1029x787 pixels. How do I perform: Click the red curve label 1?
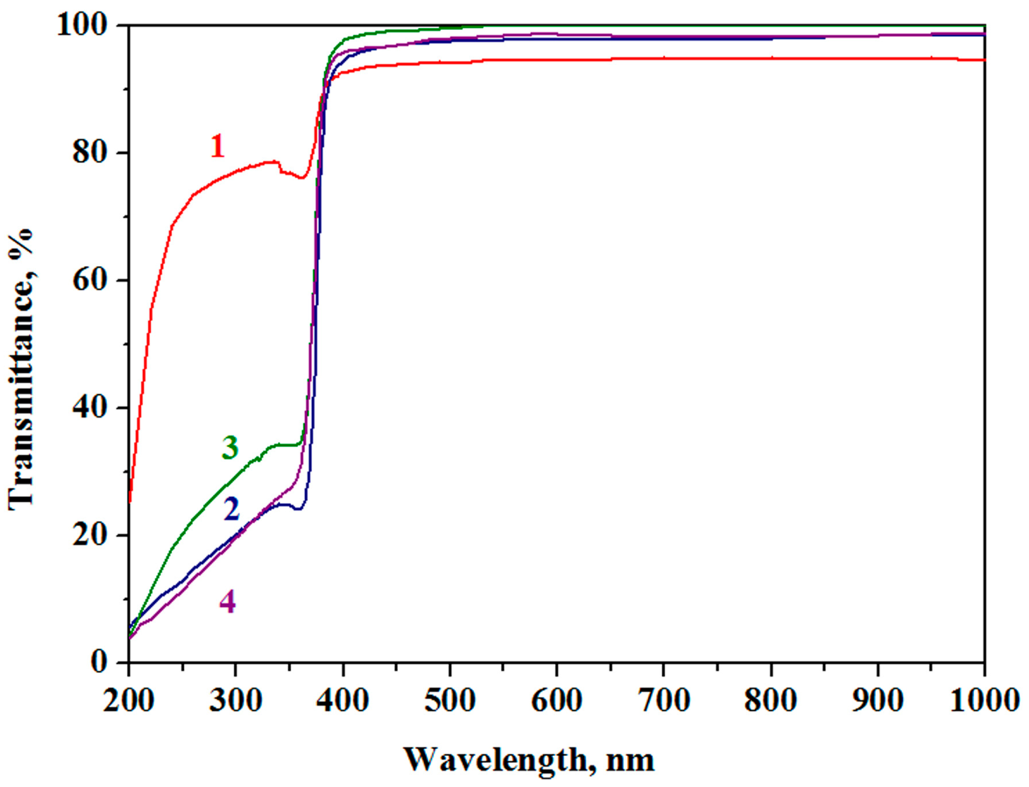(217, 146)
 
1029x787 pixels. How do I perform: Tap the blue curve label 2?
(232, 510)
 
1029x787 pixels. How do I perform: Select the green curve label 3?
(230, 447)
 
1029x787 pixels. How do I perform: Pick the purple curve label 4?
(228, 602)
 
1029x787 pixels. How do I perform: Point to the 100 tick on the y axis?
(84, 25)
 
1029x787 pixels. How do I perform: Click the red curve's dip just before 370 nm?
(302, 178)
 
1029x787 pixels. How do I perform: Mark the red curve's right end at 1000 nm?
(984, 60)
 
